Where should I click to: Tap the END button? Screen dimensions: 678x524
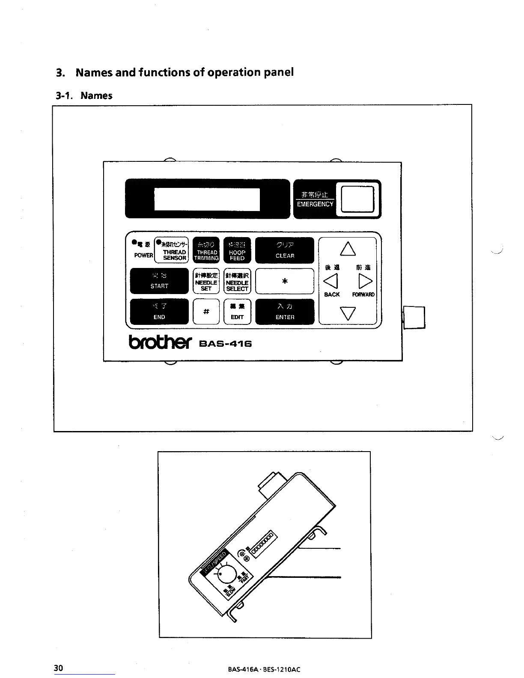click(x=159, y=311)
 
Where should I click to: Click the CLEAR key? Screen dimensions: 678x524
click(x=285, y=250)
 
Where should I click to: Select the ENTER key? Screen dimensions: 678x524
click(x=285, y=311)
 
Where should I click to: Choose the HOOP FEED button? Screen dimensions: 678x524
click(x=237, y=250)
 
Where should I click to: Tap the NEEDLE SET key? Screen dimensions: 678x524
click(x=206, y=281)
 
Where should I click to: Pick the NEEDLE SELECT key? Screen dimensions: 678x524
click(x=237, y=281)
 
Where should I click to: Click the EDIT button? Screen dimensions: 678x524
click(x=237, y=311)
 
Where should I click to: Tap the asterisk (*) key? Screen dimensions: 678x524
click(x=285, y=281)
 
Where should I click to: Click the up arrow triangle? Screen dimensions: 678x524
click(x=348, y=249)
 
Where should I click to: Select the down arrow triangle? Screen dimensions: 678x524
click(x=348, y=313)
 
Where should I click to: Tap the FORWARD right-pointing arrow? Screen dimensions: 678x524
click(x=365, y=281)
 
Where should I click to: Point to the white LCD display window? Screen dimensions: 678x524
click(x=207, y=199)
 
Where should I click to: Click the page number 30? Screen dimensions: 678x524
click(x=59, y=668)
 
